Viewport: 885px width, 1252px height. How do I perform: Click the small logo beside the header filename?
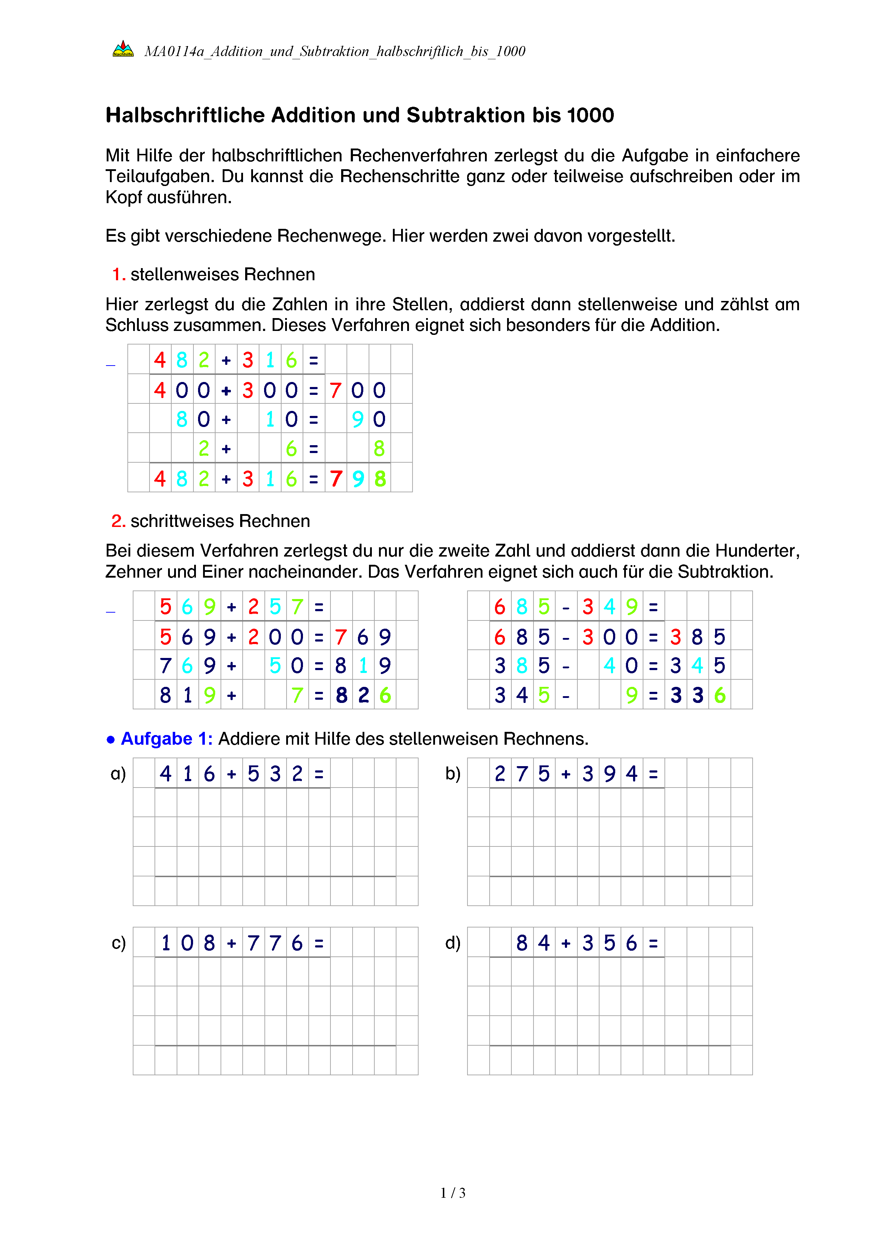[123, 49]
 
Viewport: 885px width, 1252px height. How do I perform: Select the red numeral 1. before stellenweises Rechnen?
[119, 274]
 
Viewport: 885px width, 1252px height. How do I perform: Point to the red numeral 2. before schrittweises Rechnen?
[118, 521]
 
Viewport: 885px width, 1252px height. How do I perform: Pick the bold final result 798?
[358, 479]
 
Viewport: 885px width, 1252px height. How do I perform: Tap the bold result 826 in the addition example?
[363, 695]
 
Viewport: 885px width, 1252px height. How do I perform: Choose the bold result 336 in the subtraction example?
[698, 695]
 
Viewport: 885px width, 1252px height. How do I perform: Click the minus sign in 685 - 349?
[566, 607]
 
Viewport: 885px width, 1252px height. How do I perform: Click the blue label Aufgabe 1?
[166, 739]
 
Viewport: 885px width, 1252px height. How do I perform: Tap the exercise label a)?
[118, 774]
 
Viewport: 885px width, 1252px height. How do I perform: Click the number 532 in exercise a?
[275, 774]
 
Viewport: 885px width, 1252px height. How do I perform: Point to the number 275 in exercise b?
[522, 774]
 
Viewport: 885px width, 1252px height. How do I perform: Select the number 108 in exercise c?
[187, 943]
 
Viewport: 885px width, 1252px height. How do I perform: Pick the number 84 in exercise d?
[533, 943]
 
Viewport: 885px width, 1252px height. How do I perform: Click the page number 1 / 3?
[453, 1193]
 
